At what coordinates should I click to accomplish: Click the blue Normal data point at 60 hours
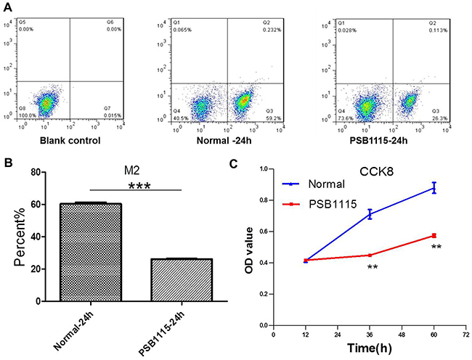[x=435, y=188]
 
